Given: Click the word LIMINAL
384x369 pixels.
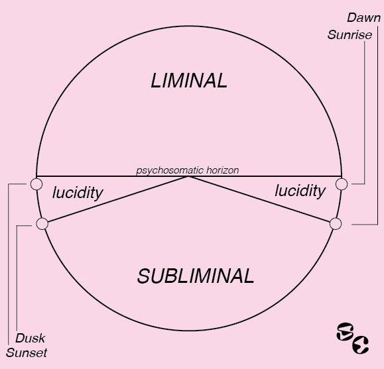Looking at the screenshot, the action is pyautogui.click(x=189, y=81).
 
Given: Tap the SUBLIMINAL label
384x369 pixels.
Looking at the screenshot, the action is pyautogui.click(x=196, y=276).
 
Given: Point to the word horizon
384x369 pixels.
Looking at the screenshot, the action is pyautogui.click(x=222, y=170).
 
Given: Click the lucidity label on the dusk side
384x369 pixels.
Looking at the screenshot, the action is pyautogui.click(x=78, y=193).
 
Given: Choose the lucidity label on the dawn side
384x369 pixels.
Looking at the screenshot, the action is pyautogui.click(x=300, y=191).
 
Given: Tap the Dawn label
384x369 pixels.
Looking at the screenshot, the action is pyautogui.click(x=364, y=18).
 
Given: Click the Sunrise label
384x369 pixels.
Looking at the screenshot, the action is pyautogui.click(x=350, y=34).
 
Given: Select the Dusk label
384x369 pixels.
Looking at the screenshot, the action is pyautogui.click(x=30, y=338).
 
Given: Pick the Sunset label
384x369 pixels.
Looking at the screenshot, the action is pyautogui.click(x=27, y=352).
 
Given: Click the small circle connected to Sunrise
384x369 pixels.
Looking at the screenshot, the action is pyautogui.click(x=342, y=184).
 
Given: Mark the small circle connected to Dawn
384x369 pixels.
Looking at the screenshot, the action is pyautogui.click(x=336, y=224).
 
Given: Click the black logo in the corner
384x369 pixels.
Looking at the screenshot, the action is pyautogui.click(x=352, y=338).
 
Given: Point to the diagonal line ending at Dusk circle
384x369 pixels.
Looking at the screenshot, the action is pyautogui.click(x=118, y=199).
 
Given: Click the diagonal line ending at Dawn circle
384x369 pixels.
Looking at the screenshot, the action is pyautogui.click(x=259, y=199).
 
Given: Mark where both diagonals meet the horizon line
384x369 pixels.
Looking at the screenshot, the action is pyautogui.click(x=188, y=176).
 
